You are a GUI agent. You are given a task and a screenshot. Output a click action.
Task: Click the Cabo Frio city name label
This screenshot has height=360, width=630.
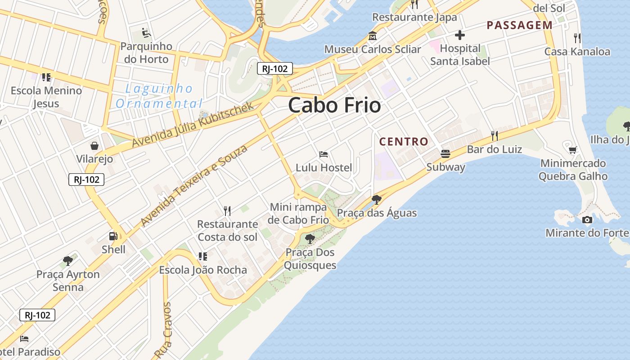tap(334, 105)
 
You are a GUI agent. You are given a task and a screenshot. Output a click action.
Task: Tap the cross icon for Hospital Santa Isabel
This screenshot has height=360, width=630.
tap(459, 35)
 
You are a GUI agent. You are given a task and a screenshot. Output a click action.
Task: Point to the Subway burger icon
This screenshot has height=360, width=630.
tap(445, 154)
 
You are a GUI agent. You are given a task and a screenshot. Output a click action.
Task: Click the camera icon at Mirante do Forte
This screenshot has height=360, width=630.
tap(587, 220)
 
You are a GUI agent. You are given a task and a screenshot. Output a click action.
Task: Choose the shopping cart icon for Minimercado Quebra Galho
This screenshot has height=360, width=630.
tap(573, 150)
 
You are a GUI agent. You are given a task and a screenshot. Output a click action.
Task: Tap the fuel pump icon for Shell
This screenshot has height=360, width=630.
tap(113, 236)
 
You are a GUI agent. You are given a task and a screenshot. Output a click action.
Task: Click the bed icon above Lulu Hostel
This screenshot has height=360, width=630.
tap(324, 154)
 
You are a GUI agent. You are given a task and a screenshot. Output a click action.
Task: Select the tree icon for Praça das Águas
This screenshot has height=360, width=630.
tap(377, 199)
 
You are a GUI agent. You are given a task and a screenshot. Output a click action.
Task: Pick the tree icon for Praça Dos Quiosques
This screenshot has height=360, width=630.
tap(310, 239)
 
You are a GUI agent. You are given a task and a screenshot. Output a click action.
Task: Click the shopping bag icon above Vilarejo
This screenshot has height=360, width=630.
tap(94, 146)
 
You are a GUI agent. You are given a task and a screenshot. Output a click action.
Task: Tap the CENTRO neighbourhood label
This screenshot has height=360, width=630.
tap(404, 142)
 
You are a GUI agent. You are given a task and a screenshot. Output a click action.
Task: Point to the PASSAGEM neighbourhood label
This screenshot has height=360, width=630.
tap(519, 25)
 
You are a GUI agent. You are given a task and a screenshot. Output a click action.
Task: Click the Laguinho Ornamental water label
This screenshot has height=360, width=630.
tap(159, 96)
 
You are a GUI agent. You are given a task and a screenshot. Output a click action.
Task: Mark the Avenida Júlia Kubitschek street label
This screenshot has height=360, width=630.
tap(194, 125)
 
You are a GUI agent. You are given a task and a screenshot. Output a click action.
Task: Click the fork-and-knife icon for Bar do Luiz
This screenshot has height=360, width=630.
tap(494, 135)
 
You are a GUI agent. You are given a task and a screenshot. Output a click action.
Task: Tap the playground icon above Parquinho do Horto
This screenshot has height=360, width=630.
tap(146, 33)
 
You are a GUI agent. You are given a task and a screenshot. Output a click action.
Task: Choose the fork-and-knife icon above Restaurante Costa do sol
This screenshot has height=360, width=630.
tap(227, 211)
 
